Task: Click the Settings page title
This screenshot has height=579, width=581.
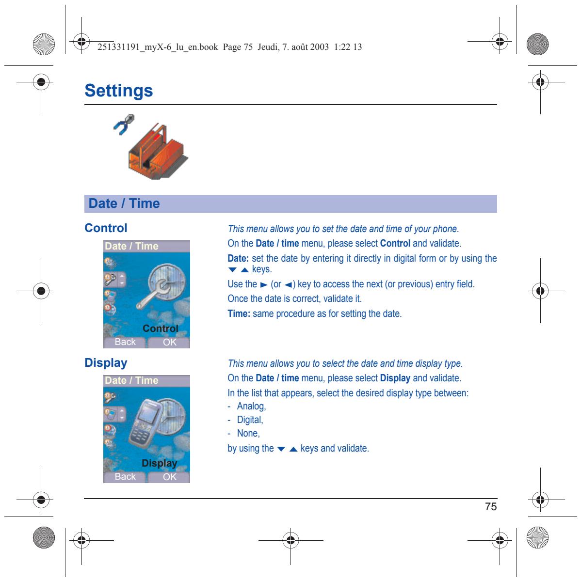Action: coord(118,91)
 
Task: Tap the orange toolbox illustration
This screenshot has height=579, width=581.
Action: coord(158,152)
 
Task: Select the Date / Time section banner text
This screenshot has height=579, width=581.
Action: coord(124,203)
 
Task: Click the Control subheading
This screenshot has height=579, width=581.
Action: coord(106,228)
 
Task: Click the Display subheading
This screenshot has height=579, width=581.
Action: coord(106,363)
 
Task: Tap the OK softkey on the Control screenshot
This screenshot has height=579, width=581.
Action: coord(170,342)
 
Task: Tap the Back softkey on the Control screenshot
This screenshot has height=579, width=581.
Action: coord(125,342)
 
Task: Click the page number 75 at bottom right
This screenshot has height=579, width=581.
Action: coord(491,506)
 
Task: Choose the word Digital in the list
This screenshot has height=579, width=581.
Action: coord(249,420)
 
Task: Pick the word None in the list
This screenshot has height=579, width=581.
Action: coord(247,433)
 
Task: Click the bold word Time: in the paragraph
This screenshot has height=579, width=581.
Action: coord(239,313)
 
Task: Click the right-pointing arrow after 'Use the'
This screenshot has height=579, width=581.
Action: coord(264,285)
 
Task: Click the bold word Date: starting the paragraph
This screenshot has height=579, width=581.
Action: coord(238,258)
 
